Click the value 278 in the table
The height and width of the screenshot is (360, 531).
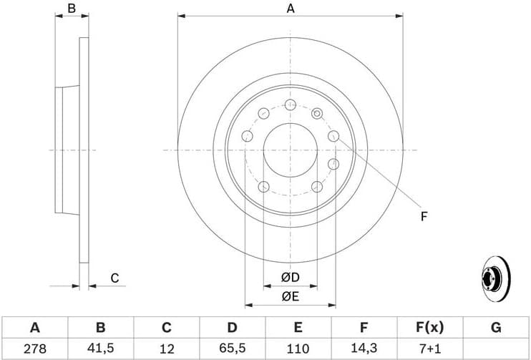(x=34, y=349)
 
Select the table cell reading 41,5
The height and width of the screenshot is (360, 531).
(x=100, y=349)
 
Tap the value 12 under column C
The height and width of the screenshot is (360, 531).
(x=166, y=349)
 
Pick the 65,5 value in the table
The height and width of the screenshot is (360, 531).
(x=232, y=349)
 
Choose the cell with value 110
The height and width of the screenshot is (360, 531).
(x=298, y=349)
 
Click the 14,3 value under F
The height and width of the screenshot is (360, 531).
(x=364, y=349)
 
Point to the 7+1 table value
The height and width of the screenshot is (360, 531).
(x=429, y=349)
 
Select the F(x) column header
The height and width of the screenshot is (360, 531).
(x=429, y=328)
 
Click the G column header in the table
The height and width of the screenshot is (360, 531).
(x=495, y=328)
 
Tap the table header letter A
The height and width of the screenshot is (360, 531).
(x=34, y=328)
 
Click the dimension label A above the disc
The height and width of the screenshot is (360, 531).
(x=290, y=9)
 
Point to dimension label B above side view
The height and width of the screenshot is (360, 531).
(x=72, y=9)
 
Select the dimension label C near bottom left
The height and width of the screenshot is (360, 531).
(x=114, y=278)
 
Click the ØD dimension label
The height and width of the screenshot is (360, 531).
(x=290, y=277)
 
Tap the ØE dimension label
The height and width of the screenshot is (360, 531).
(x=290, y=294)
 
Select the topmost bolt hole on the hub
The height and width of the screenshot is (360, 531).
(x=290, y=105)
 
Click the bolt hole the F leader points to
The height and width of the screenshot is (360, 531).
(x=333, y=136)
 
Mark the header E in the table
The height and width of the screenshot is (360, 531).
(x=298, y=328)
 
